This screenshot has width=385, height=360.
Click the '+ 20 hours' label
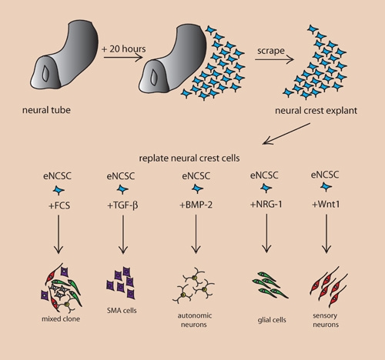124,48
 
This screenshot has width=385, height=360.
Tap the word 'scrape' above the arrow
271,51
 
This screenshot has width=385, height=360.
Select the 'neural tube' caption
46,110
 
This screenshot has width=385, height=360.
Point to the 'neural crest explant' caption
316,111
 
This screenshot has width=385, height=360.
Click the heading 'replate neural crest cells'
189,158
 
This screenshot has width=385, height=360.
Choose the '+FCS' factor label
59,205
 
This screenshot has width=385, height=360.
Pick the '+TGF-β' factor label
122,205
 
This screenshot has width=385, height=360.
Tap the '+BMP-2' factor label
196,205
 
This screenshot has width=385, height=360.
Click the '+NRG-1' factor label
266,205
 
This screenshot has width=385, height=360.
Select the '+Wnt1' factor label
326,205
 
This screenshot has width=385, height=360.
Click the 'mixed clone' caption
61,319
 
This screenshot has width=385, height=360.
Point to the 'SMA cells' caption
122,311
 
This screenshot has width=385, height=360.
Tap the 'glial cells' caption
272,320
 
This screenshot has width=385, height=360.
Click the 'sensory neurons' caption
326,320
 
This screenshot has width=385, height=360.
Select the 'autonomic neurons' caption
195,320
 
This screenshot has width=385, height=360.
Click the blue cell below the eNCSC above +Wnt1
326,187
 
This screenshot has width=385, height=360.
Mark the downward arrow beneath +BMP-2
196,234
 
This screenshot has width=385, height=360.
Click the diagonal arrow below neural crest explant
286,134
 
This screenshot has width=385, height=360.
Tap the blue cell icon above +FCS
59,190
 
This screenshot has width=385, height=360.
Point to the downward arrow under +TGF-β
123,235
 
